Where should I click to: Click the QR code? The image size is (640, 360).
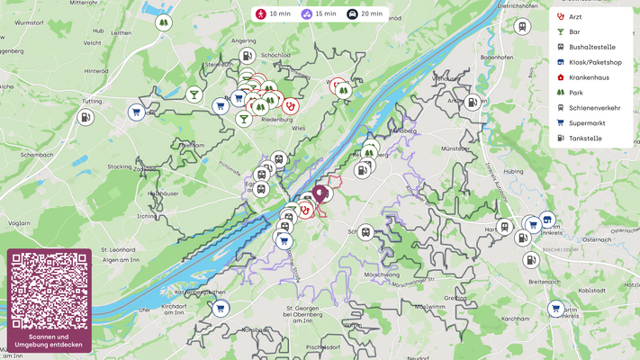coord(50,291)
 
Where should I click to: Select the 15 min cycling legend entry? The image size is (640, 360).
coord(319,14)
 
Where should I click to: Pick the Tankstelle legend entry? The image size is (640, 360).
coord(585,139)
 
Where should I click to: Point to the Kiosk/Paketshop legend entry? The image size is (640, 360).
coord(594,62)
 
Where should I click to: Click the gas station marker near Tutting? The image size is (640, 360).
coord(85,117)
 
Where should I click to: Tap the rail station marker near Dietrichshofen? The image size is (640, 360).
coord(522,26)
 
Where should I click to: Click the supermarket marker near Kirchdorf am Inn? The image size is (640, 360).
coord(220,309)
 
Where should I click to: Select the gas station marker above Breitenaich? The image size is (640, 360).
coord(531,260)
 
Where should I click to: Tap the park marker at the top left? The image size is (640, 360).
coord(163,22)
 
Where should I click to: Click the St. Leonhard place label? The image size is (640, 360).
coord(117,249)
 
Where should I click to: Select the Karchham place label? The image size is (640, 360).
coord(516,319)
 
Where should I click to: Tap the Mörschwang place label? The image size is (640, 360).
coord(382,273)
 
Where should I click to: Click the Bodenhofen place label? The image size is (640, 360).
coord(496,57)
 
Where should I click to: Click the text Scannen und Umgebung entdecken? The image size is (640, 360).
coord(50,340)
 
